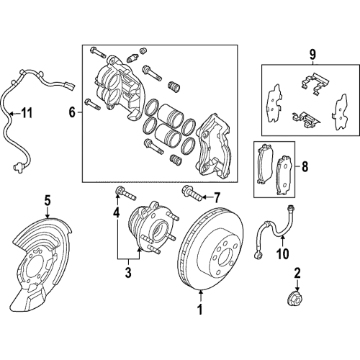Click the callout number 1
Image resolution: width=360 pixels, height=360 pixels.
click(x=199, y=311)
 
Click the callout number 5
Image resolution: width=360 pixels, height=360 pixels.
click(x=47, y=201)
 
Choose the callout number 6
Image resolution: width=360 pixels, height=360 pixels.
click(x=71, y=111)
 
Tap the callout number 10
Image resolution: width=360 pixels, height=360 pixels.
click(x=283, y=253)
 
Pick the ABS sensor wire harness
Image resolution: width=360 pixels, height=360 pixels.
click(x=14, y=122)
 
